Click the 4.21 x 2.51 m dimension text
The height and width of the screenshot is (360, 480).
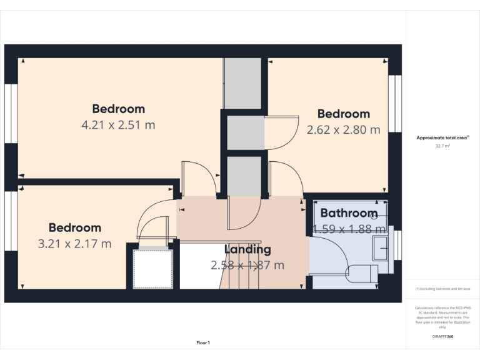tap(118, 125)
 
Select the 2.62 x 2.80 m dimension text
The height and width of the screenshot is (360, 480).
tap(343, 130)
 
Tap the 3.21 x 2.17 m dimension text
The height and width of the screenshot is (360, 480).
tap(74, 244)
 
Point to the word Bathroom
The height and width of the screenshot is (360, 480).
tap(349, 213)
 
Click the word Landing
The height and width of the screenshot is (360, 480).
tap(248, 249)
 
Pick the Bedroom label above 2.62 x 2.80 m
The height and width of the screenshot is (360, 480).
tap(343, 114)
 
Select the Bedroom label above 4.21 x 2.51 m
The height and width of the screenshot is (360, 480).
tap(118, 109)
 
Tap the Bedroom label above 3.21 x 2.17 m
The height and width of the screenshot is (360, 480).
tap(74, 227)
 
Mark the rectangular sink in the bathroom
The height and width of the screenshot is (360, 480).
tap(379, 248)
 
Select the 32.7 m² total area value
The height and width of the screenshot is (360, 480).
tap(442, 146)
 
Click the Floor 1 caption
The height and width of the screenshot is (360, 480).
tap(203, 342)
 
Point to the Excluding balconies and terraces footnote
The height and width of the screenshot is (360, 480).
tap(442, 289)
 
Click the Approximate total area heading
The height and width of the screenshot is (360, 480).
tap(442, 137)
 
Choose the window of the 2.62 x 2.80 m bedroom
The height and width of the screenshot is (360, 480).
tap(394, 103)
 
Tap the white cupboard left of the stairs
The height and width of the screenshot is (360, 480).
tap(152, 269)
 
